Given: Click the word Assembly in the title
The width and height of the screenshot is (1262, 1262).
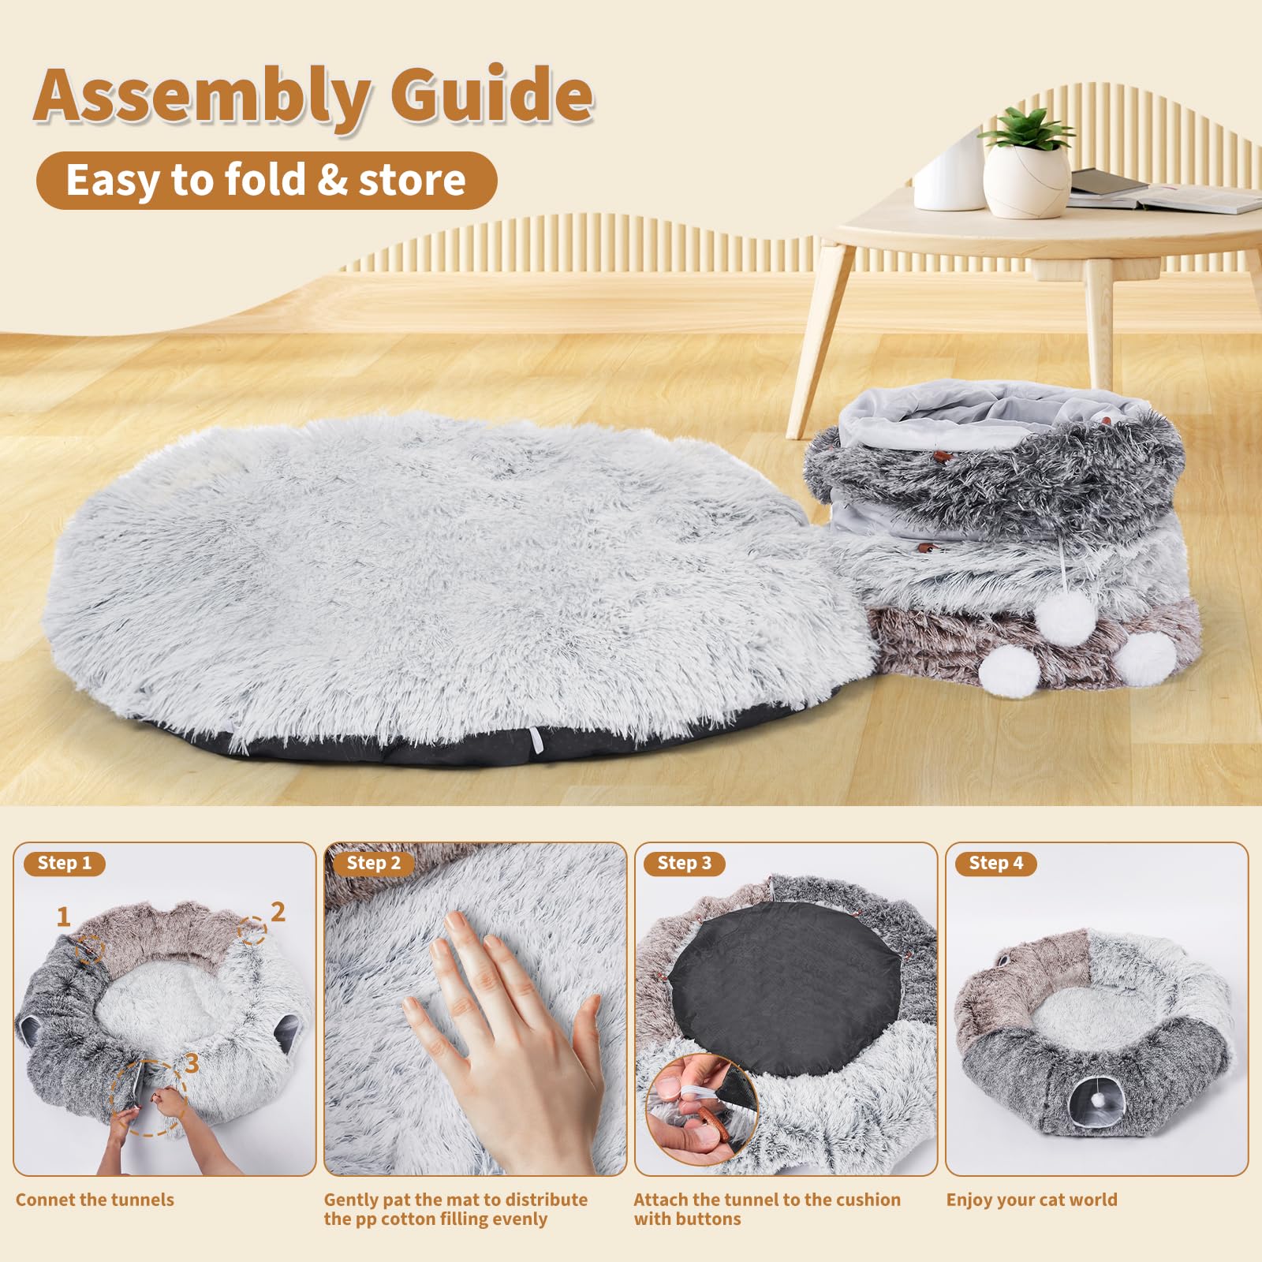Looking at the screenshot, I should click(x=201, y=96).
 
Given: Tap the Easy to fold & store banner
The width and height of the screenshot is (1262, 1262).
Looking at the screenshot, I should click(x=266, y=181).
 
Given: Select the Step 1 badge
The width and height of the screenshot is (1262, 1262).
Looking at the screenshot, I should click(x=65, y=863).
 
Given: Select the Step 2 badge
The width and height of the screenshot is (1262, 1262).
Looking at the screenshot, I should click(x=374, y=863).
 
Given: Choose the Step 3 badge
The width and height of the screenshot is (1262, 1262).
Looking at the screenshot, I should click(x=684, y=863).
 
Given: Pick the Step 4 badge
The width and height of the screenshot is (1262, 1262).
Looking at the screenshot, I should click(x=995, y=863).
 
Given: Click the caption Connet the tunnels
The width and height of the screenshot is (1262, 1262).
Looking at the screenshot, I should click(x=95, y=1200).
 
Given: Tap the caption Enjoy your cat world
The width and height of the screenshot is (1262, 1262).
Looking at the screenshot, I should click(x=1032, y=1200).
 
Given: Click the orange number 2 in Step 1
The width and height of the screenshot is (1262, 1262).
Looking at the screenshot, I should click(x=278, y=912).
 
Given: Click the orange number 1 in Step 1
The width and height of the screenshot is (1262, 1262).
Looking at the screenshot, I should click(x=64, y=917).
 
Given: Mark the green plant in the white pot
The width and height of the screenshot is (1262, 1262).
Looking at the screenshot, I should click(x=1025, y=130).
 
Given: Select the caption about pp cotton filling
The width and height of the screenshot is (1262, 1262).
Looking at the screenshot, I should click(x=455, y=1209).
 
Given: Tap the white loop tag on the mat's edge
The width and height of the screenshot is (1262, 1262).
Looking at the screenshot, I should click(x=537, y=741).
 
